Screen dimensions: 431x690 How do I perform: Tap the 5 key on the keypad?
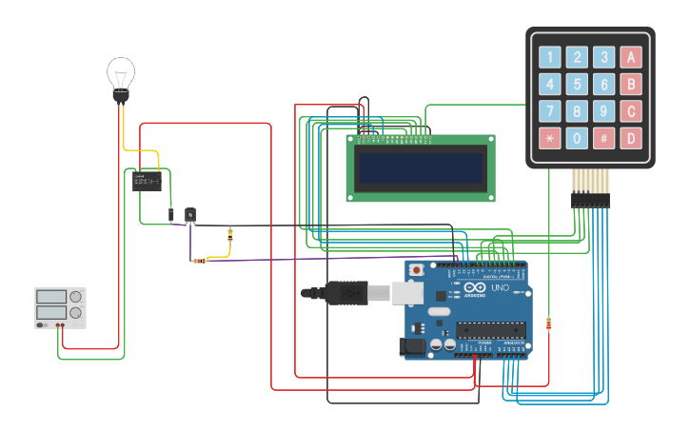click(577, 85)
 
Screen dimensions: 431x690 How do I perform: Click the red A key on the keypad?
click(630, 58)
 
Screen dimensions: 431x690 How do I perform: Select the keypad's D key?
click(630, 138)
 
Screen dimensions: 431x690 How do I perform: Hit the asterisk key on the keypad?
click(550, 138)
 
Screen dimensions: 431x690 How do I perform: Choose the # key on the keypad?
click(603, 138)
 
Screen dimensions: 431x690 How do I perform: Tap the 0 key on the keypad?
click(577, 138)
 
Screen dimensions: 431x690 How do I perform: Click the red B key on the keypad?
click(630, 85)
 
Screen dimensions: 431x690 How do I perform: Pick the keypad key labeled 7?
click(550, 111)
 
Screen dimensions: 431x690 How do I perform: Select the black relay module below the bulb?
click(147, 181)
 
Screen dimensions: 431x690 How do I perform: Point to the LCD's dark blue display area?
click(421, 168)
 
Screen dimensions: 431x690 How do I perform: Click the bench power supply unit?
click(60, 307)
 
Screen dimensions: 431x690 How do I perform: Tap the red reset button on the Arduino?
click(416, 270)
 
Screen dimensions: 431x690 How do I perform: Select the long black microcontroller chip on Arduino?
click(490, 330)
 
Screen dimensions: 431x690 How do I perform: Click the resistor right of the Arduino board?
click(548, 323)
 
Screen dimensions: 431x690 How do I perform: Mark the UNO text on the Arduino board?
click(501, 287)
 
